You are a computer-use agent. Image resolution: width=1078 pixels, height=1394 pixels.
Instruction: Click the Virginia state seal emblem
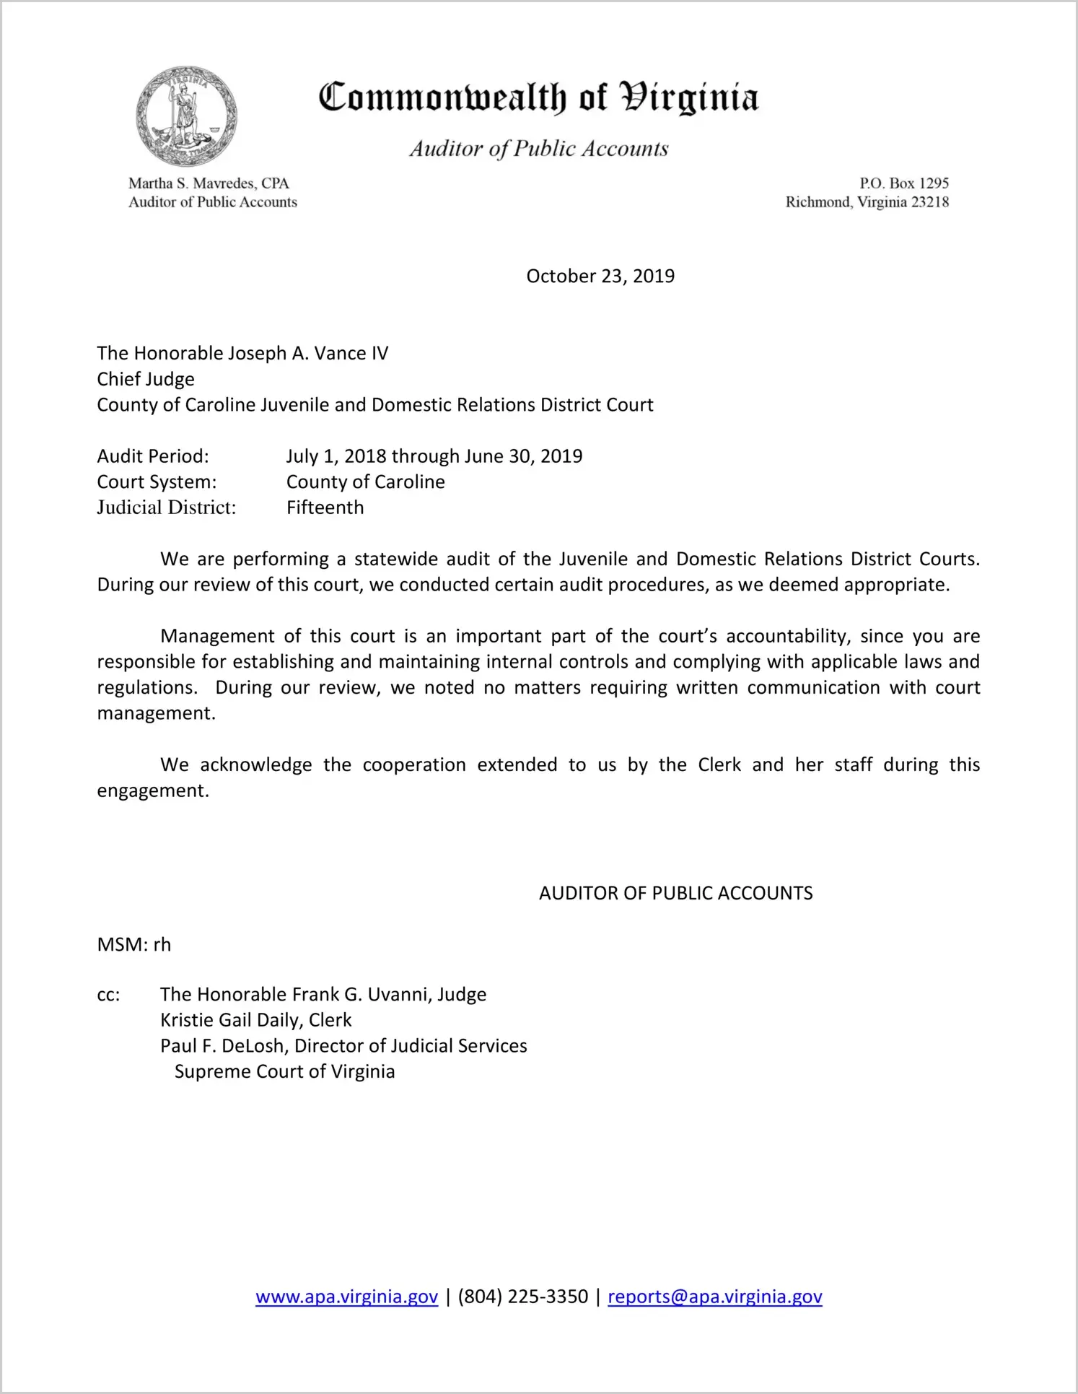click(x=186, y=116)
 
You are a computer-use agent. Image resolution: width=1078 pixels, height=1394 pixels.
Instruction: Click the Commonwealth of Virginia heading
click(x=538, y=97)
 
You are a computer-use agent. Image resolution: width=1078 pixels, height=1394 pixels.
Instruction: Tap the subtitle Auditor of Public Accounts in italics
click(x=539, y=149)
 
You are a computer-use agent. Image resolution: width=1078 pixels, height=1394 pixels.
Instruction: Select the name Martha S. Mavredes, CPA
click(x=209, y=183)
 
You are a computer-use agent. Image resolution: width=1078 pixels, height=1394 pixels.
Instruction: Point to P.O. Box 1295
click(x=903, y=183)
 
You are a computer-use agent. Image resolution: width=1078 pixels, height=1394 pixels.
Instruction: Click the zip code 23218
click(x=929, y=202)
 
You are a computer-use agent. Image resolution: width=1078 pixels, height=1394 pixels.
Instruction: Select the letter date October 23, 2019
click(x=600, y=276)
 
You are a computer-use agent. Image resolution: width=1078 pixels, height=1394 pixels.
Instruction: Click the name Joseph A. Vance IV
click(x=307, y=353)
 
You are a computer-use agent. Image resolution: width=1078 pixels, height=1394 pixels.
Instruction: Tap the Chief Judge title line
click(x=146, y=379)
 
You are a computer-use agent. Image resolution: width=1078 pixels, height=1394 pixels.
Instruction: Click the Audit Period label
click(x=153, y=456)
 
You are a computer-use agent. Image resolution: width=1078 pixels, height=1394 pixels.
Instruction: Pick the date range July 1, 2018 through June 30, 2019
click(x=434, y=456)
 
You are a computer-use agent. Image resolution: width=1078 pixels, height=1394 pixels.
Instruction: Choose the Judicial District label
click(x=167, y=507)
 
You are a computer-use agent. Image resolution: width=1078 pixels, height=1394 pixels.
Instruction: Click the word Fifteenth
click(x=325, y=507)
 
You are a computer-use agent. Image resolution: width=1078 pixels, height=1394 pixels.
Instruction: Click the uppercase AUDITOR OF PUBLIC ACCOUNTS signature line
click(x=675, y=893)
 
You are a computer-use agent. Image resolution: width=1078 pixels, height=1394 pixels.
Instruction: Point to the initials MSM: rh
click(x=134, y=944)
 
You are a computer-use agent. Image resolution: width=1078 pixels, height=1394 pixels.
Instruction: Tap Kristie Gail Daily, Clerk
click(x=256, y=1020)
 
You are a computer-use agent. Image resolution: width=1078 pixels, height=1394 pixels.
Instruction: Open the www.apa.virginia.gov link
click(x=346, y=1297)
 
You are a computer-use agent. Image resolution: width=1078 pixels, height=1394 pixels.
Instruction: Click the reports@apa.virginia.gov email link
click(x=714, y=1297)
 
